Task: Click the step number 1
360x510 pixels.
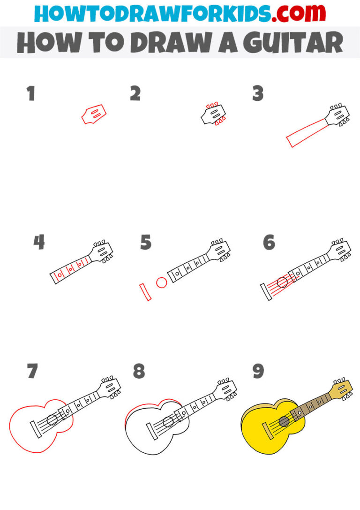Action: tap(31, 94)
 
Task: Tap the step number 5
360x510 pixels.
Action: tap(146, 243)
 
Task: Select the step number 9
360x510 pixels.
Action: tap(258, 371)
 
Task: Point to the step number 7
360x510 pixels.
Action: tap(32, 371)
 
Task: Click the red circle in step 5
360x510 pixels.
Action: tap(162, 282)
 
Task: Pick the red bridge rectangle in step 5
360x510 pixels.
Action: tap(145, 292)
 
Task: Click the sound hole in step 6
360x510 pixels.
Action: tap(282, 282)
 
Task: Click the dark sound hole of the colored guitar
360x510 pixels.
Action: tap(284, 421)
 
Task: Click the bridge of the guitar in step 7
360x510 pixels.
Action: tap(34, 429)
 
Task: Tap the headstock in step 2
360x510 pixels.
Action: tap(212, 114)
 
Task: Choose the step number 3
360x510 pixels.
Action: tap(258, 94)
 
